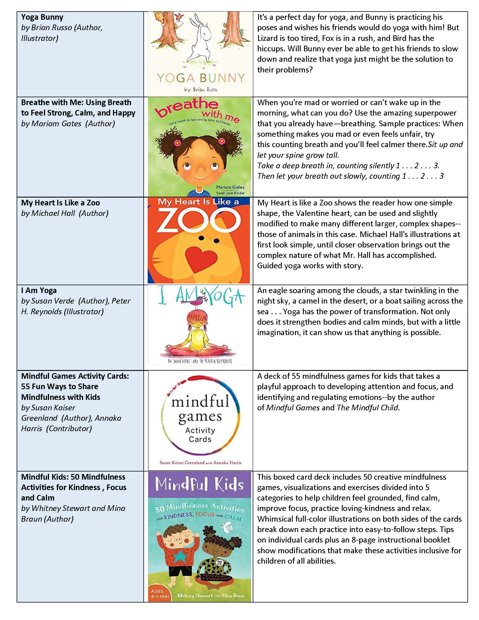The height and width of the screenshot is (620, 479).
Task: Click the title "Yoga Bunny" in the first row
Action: point(42,17)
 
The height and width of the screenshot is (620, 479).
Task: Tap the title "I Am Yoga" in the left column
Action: point(39,290)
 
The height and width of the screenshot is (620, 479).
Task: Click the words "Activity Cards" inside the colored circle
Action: point(200,435)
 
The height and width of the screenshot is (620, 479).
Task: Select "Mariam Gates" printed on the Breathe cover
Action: point(230,187)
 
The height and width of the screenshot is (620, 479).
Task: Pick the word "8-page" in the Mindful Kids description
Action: point(361,540)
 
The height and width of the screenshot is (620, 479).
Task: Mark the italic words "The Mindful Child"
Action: point(368,408)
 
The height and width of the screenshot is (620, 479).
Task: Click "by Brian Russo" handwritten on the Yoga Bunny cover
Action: point(201,90)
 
